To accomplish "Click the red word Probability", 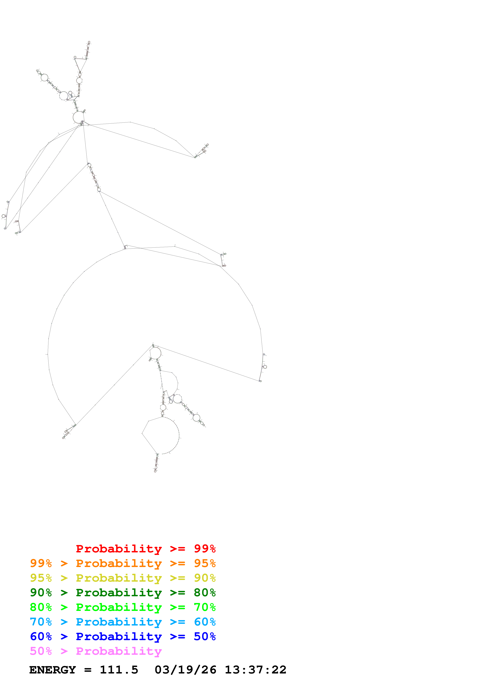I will [119, 549].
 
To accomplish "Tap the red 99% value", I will [205, 548].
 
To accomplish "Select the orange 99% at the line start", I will [41, 563].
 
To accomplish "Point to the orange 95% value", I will [205, 563].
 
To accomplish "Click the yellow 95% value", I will [41, 578].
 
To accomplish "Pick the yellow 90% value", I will [205, 578].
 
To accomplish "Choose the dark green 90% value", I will [41, 593].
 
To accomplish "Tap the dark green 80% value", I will [205, 593].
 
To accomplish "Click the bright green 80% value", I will [41, 607].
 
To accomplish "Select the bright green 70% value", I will [205, 607].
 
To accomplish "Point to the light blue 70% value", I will [41, 622].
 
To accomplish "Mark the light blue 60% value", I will [205, 622].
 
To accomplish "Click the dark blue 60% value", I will [41, 636].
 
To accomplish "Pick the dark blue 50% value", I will [205, 636].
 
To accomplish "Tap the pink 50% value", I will [41, 651].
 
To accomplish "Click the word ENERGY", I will [53, 670].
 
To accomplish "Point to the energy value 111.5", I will [119, 670].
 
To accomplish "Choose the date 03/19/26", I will [185, 670].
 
